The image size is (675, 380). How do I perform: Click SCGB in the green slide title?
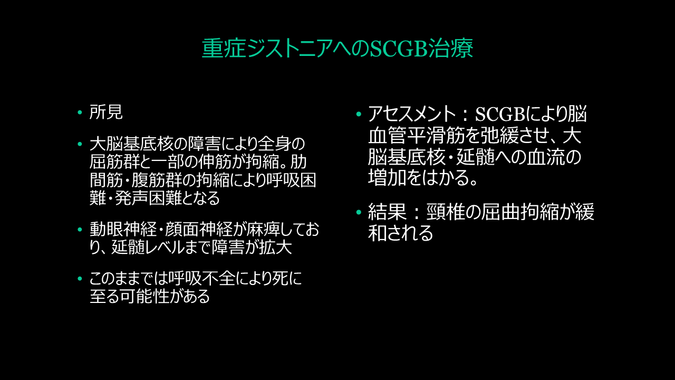pos(398,48)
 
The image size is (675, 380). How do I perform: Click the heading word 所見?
pos(106,112)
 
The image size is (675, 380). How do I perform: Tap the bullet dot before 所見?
pos(80,112)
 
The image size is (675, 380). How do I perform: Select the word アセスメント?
pos(412,114)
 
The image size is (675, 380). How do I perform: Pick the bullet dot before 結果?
pos(359,212)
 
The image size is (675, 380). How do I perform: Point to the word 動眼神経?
pos(123,230)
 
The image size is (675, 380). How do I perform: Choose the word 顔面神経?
pos(199,230)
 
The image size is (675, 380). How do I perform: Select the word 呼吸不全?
pos(201,278)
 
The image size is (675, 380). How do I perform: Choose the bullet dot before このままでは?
pos(80,278)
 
